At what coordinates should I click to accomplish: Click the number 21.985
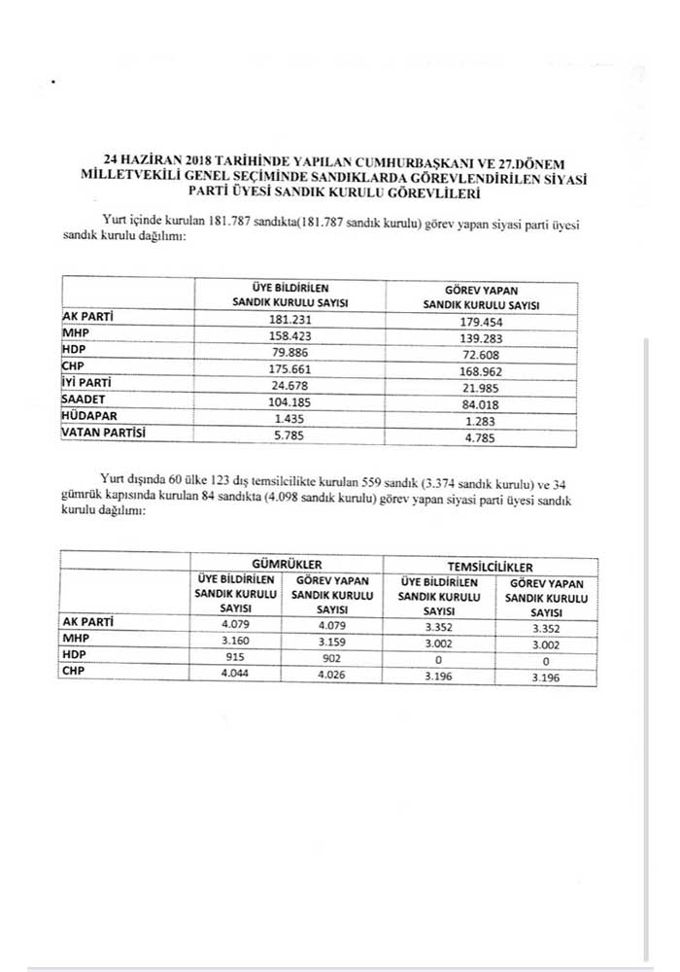pyautogui.click(x=482, y=386)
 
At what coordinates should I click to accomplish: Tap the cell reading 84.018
pyautogui.click(x=482, y=401)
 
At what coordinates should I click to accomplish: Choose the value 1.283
pyautogui.click(x=482, y=418)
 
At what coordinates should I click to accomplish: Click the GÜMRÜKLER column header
pyautogui.click(x=287, y=565)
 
